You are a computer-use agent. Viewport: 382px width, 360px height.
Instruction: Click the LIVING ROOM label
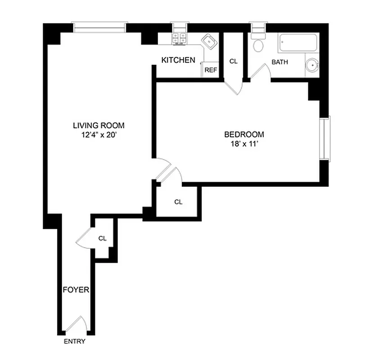pos(99,126)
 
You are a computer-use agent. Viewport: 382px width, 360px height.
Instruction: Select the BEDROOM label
pos(244,134)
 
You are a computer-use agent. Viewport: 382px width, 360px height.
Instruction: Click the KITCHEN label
pos(178,60)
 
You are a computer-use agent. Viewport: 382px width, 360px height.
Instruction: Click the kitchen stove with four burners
pos(179,39)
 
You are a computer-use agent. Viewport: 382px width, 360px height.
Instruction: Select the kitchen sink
pos(208,42)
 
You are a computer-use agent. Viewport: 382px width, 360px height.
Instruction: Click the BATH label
pos(279,62)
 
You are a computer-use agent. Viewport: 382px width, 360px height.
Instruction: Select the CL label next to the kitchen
pos(233,61)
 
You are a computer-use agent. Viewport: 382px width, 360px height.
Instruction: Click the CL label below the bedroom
pos(178,202)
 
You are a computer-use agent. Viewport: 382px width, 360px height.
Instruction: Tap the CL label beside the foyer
pos(103,238)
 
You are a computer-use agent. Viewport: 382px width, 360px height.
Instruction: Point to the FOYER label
pos(76,290)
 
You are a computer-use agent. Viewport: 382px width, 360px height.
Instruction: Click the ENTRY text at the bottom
pos(74,342)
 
